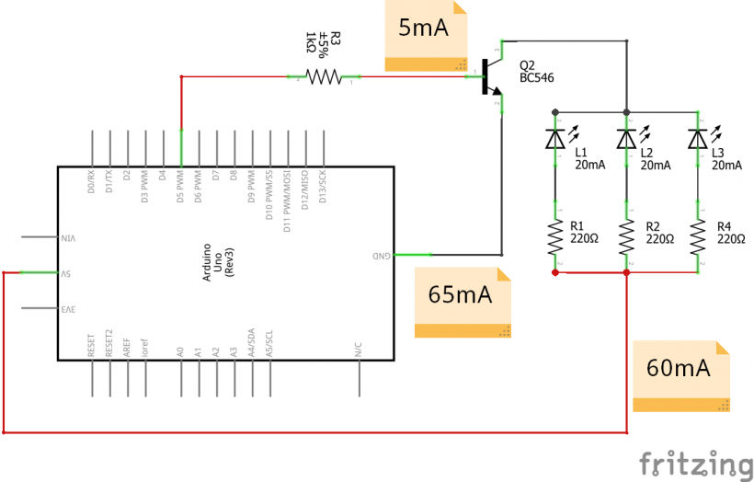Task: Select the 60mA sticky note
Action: pyautogui.click(x=681, y=376)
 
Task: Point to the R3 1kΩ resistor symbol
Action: pyautogui.click(x=324, y=77)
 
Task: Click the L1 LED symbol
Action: pyautogui.click(x=554, y=139)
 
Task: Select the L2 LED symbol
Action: pyautogui.click(x=626, y=139)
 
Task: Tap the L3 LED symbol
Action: pyautogui.click(x=698, y=139)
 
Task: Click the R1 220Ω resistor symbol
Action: pyautogui.click(x=554, y=236)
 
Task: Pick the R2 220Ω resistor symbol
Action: pyautogui.click(x=626, y=236)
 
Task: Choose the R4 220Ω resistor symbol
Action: pyautogui.click(x=698, y=236)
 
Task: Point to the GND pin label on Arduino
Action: pyautogui.click(x=381, y=255)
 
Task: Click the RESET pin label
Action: pyautogui.click(x=92, y=345)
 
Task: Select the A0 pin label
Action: pyautogui.click(x=181, y=350)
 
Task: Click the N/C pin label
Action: pyautogui.click(x=358, y=350)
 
